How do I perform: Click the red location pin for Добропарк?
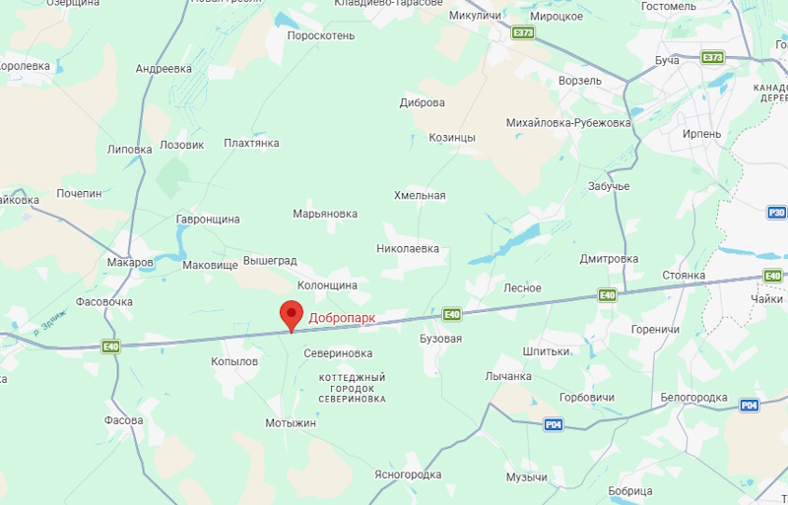(291, 315)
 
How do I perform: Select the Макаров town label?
(130, 263)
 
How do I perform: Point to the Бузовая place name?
(440, 339)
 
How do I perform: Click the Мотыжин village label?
(291, 423)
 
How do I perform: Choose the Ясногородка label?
(408, 473)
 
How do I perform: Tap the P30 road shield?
(776, 212)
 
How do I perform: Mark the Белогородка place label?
(693, 397)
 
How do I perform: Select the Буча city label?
(668, 61)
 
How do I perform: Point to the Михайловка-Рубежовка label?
(567, 123)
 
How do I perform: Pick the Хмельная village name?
(420, 196)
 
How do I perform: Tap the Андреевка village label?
(164, 69)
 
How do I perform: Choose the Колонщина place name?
(327, 284)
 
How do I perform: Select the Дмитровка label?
(609, 259)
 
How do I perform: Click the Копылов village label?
(234, 362)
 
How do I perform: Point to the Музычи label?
(527, 477)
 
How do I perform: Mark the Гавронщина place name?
(208, 220)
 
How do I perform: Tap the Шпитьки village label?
(547, 351)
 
